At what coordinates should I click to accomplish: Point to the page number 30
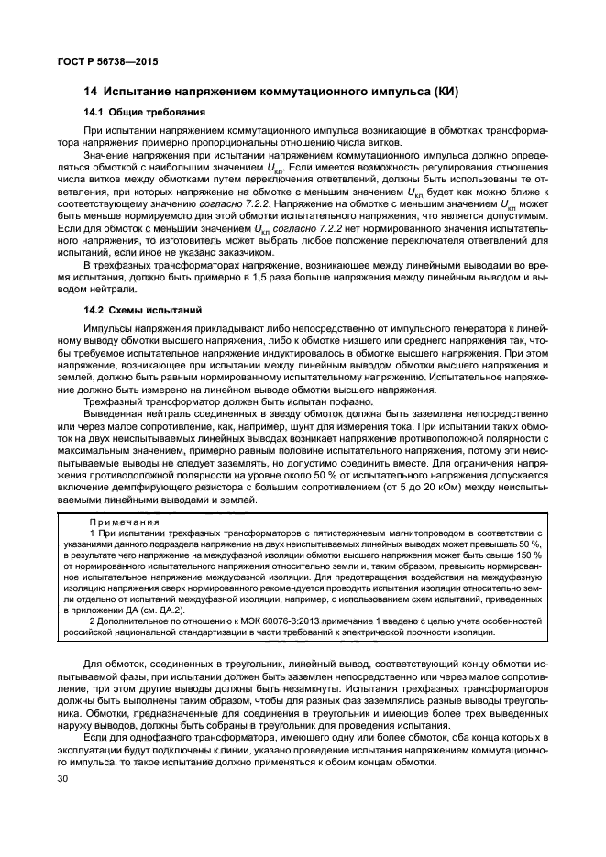(64, 778)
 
